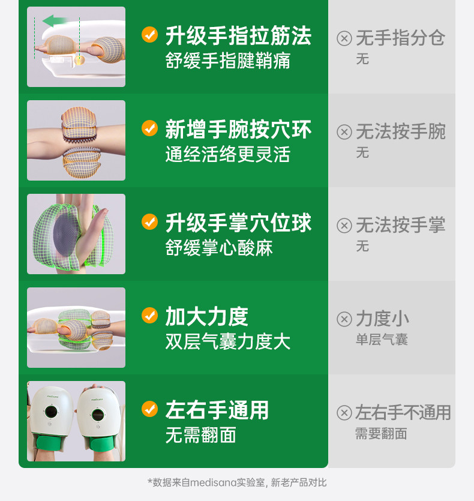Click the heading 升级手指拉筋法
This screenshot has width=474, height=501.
coord(238,36)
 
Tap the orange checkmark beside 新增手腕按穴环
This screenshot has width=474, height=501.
coord(149,128)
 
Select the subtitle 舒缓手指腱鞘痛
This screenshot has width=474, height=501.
coord(227,61)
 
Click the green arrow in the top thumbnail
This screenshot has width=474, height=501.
coord(55,21)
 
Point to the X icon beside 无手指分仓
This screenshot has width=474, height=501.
coord(344,38)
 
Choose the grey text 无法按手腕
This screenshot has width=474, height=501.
coord(401,131)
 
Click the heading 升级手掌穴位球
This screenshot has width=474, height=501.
coord(238,223)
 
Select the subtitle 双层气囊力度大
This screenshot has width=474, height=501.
coord(227,341)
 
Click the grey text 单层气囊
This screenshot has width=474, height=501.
coord(382,339)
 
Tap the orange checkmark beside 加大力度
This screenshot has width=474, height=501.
coord(149,316)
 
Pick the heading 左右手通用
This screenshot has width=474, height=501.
coord(217,410)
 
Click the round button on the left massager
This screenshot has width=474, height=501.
coord(51,412)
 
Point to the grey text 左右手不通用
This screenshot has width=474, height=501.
coord(403,412)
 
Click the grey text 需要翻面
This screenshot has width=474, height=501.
coord(382,434)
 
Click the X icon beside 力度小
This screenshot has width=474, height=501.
coord(344,319)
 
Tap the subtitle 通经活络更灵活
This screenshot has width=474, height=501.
coord(227,154)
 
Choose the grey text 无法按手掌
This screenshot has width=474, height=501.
coord(401,225)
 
